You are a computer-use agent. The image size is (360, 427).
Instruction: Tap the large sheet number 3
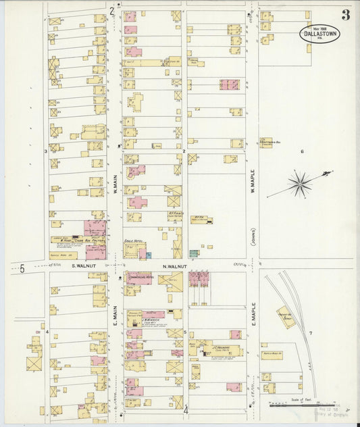tap(345, 14)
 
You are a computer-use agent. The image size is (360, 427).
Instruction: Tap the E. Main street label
tap(115, 316)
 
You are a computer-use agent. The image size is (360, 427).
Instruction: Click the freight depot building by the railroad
tap(286, 316)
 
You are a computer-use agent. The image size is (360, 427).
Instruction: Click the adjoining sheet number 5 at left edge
tap(22, 268)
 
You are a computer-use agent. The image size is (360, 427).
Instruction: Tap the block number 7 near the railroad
tap(310, 333)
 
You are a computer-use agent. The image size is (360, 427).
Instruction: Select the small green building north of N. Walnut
tap(193, 254)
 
